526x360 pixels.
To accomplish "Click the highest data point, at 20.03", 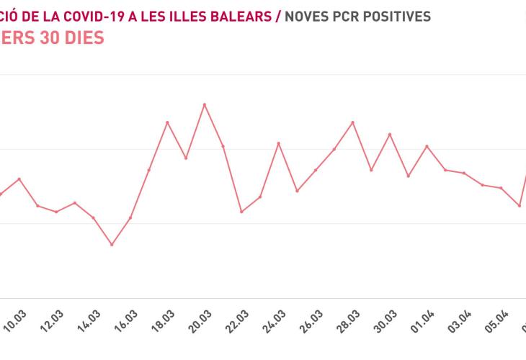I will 205,104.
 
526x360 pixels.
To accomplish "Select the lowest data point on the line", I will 112,245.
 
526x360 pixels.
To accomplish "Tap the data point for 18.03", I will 167,122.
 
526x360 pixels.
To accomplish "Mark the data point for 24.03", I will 279,143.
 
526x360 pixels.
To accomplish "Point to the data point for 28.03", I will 353,122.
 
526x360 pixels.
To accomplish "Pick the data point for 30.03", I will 390,135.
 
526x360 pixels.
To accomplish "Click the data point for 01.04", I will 427,146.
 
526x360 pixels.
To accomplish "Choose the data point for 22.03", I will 241,212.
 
